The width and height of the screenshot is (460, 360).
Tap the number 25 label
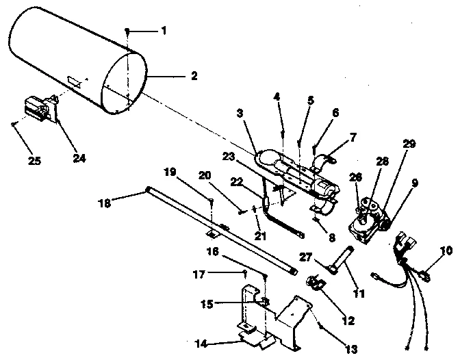[34, 161]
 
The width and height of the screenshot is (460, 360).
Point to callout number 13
[351, 349]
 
